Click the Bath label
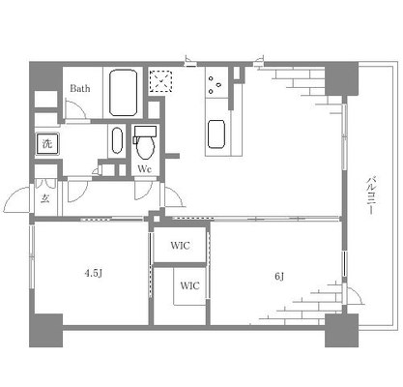(80, 88)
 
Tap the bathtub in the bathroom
(123, 93)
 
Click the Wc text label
(145, 169)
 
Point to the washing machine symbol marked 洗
(47, 143)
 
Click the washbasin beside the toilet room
(117, 140)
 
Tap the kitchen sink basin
(216, 134)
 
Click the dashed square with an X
(160, 81)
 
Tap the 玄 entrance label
(45, 199)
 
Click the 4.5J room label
(93, 274)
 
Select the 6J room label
(279, 277)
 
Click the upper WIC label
(180, 246)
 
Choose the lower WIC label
(189, 285)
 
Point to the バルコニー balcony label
(371, 195)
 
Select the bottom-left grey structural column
(45, 330)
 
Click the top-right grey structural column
(341, 78)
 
